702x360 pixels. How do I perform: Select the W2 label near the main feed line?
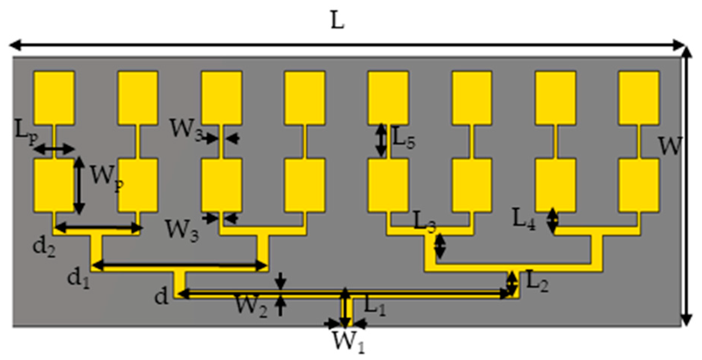pos(251,306)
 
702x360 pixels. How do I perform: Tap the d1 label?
pos(78,279)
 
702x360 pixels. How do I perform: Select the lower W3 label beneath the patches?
pos(182,230)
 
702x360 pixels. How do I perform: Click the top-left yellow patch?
pos(54,98)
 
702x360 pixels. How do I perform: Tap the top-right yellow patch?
pos(639,98)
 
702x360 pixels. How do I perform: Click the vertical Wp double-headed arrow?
pos(79,185)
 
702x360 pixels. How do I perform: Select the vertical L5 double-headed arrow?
pos(381,140)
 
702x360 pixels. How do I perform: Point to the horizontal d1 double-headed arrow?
pos(180,266)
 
